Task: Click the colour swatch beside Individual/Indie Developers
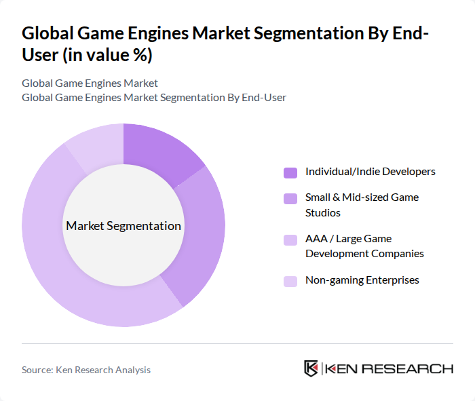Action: [290, 172]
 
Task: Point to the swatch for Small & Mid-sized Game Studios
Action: [290, 199]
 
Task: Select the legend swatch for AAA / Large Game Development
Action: [290, 240]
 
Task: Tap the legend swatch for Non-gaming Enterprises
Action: [290, 281]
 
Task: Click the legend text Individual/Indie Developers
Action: [370, 172]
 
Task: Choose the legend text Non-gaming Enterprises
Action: [362, 280]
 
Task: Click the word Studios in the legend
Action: [322, 213]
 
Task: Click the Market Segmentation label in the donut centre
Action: [123, 226]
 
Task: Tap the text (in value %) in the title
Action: [102, 54]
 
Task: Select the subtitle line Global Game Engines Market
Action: [90, 83]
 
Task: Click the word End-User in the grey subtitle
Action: [262, 98]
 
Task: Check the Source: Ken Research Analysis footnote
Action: [86, 370]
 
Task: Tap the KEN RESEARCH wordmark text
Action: [389, 369]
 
